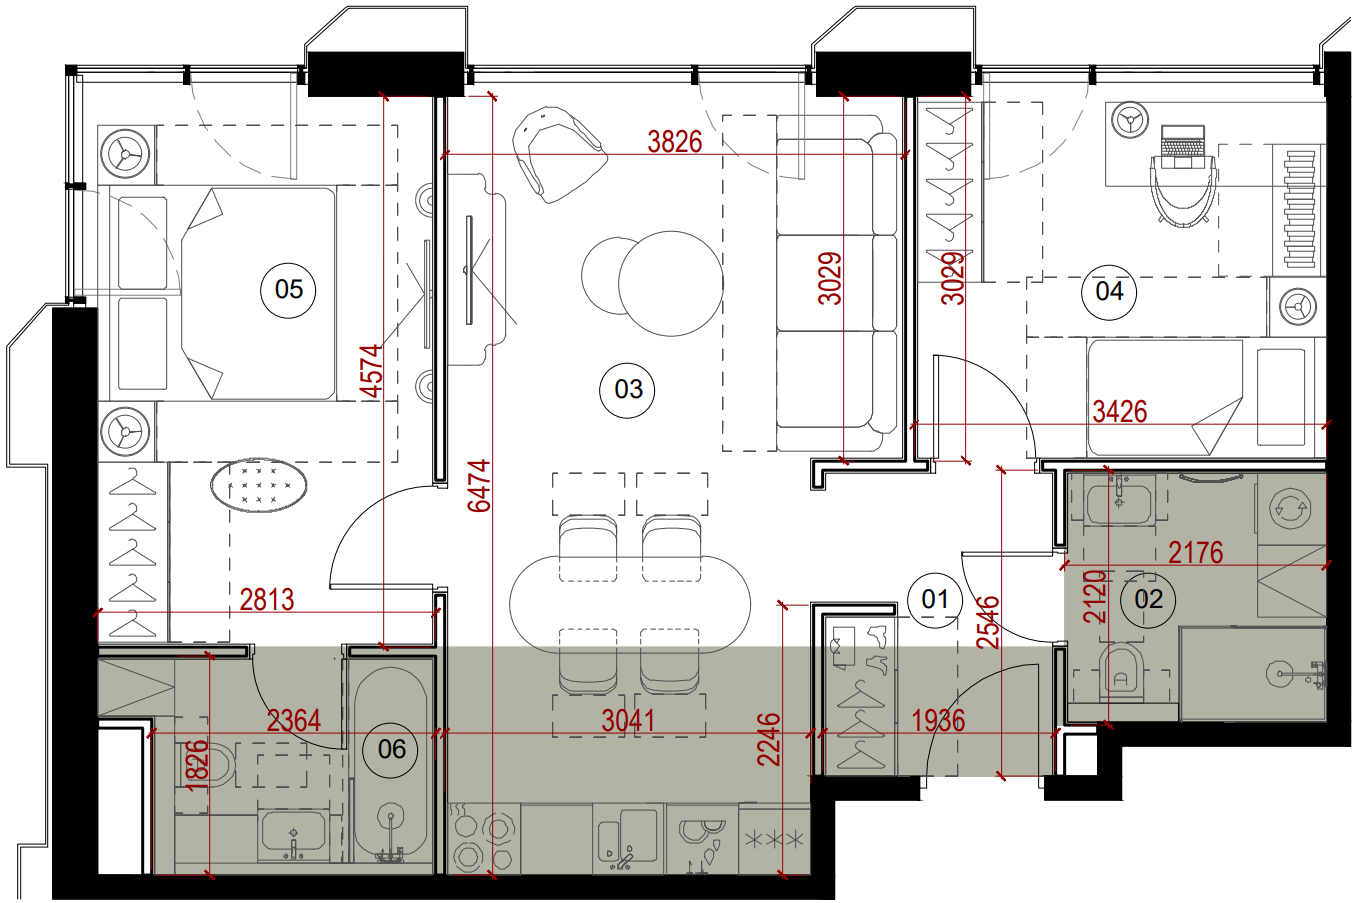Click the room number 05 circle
(288, 289)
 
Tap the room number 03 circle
(628, 389)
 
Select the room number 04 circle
(1109, 292)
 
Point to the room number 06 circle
(391, 750)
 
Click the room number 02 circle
(1148, 600)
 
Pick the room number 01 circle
(935, 600)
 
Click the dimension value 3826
(674, 142)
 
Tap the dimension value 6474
(480, 486)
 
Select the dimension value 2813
(267, 600)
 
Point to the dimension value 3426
(1120, 412)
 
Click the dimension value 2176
(1195, 552)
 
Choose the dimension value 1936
(938, 721)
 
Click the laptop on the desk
(1183, 146)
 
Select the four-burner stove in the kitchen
(483, 840)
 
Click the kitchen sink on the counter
(628, 838)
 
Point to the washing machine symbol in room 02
(1291, 509)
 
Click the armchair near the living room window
(557, 154)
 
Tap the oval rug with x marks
(259, 485)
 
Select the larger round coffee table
(671, 283)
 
